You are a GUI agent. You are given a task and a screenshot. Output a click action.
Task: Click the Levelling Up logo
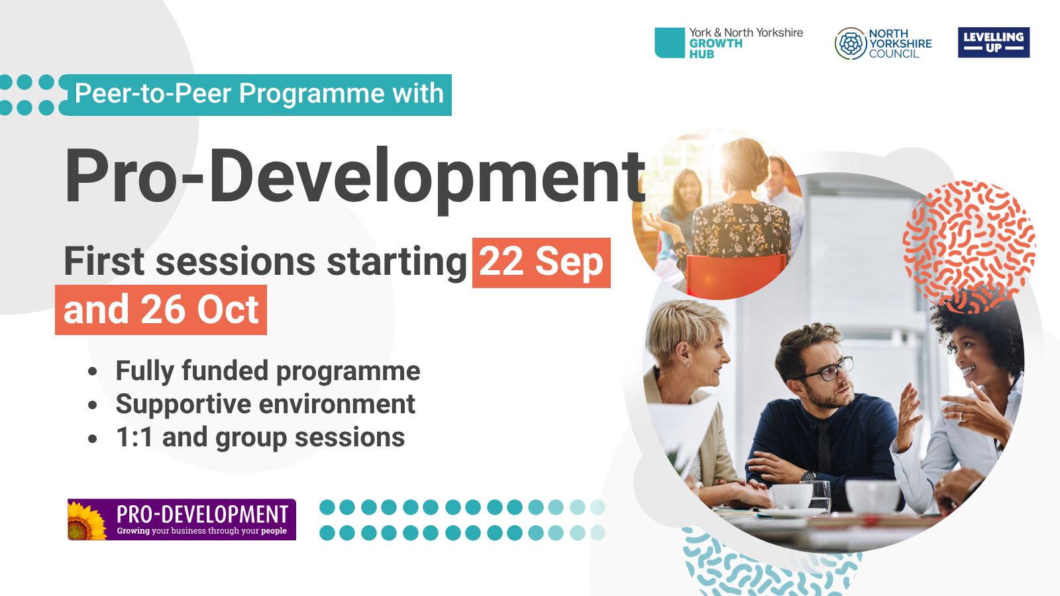pos(993,42)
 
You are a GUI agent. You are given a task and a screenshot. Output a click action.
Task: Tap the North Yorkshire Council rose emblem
pos(851,44)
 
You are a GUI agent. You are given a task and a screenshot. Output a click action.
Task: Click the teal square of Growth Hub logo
pos(669,42)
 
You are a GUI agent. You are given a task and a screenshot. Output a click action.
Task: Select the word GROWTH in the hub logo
pos(715,44)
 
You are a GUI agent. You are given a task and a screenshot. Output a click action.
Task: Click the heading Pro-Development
pos(354,176)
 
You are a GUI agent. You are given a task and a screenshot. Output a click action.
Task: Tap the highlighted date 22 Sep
pos(541,262)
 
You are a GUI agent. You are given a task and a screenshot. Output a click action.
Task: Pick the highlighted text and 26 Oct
pos(161,310)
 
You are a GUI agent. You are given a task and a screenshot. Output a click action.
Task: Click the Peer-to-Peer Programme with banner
pos(258,94)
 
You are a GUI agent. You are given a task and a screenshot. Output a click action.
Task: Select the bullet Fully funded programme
pos(268,371)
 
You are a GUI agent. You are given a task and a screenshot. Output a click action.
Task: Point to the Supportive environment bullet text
pos(265,404)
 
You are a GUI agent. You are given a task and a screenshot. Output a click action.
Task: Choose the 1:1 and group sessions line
pos(260,438)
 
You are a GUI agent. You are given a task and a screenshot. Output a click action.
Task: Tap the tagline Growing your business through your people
pos(201,531)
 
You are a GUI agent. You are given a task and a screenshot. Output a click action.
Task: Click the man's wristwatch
pos(808,475)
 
